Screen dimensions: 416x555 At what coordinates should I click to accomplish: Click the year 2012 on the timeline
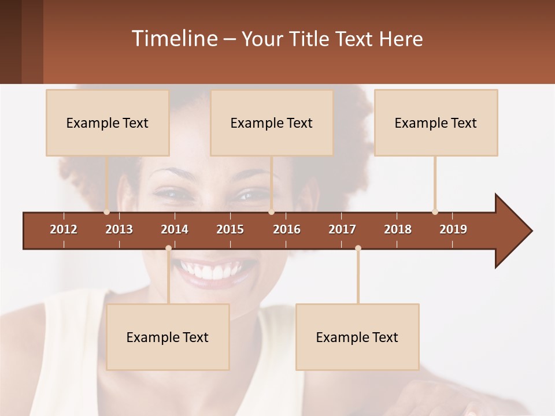pos(64,229)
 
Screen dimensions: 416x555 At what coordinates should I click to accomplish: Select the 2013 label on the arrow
pos(119,229)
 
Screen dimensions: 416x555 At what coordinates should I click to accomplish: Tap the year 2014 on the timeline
pos(175,229)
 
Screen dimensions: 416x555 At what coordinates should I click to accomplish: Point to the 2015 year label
pos(230,229)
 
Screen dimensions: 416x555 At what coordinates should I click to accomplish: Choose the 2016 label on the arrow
pos(287,229)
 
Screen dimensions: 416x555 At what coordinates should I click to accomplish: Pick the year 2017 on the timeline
pos(342,229)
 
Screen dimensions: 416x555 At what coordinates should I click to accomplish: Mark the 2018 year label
pos(398,229)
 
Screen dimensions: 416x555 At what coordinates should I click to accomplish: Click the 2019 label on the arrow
pos(453,229)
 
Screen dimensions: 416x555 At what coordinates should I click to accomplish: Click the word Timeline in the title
pos(173,39)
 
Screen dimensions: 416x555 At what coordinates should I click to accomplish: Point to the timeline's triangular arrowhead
pos(512,231)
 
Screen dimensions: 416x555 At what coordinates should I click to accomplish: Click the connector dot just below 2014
pos(168,248)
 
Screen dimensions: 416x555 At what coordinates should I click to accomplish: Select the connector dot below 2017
pos(358,248)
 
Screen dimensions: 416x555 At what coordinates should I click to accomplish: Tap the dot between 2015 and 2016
pos(271,211)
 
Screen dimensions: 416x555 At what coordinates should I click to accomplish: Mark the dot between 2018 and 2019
pos(435,211)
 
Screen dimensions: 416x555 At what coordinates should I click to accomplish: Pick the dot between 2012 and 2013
pos(106,211)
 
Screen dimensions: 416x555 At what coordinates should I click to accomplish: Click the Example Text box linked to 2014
pos(168,337)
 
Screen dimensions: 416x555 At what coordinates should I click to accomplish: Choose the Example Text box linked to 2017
pos(357,337)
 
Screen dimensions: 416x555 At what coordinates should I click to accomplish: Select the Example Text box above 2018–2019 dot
pos(436,122)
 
